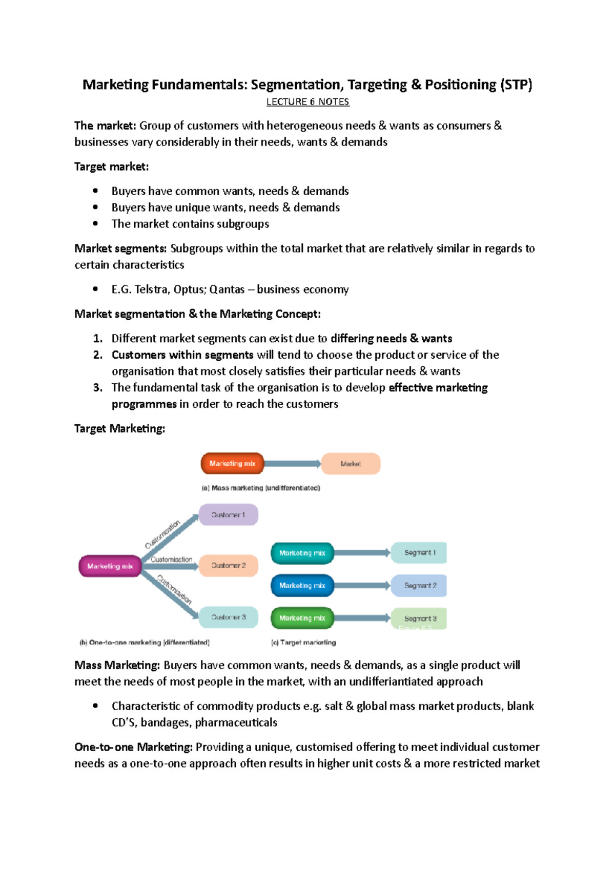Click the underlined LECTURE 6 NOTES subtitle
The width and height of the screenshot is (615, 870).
coord(307,102)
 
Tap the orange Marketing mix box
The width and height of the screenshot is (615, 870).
coord(232,463)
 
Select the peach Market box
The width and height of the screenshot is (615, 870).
coord(351,464)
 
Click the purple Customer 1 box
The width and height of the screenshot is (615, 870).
coord(228,514)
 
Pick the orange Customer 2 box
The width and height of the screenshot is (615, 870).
coord(228,565)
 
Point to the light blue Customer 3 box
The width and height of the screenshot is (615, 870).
coord(228,617)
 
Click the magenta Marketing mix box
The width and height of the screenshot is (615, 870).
coord(110,566)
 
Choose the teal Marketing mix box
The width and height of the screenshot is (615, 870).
coord(302,553)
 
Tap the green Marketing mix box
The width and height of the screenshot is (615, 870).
coord(302,618)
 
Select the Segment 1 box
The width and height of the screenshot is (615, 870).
coord(419,553)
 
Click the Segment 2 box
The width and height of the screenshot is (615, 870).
coord(419,585)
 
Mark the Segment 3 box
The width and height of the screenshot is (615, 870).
coord(419,618)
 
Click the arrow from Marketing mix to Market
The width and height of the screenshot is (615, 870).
coord(292,464)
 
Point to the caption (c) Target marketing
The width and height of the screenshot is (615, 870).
coord(303,643)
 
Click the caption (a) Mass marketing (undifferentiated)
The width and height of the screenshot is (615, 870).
coord(261,488)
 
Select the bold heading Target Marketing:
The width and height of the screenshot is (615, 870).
coord(119,428)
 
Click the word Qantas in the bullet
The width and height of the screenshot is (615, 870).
coord(227,289)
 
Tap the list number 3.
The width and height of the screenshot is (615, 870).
coord(97,388)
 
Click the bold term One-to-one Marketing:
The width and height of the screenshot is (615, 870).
coord(133,747)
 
